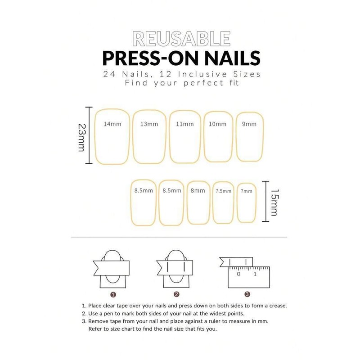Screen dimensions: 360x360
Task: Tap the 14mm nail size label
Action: pos(110,124)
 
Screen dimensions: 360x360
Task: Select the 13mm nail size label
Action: pos(148,124)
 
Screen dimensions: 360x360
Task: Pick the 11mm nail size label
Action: pos(185,124)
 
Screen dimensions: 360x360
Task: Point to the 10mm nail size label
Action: pos(218,124)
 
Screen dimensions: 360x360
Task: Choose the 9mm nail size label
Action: pos(249,124)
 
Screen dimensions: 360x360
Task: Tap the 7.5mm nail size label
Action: pos(223,191)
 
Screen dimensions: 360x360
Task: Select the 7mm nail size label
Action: pos(247,191)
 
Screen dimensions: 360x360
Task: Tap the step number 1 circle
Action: pos(113,295)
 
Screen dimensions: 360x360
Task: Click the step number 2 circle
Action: pos(177,295)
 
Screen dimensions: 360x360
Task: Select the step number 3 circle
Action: pos(247,295)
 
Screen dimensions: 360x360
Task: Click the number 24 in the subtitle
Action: pos(109,74)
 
